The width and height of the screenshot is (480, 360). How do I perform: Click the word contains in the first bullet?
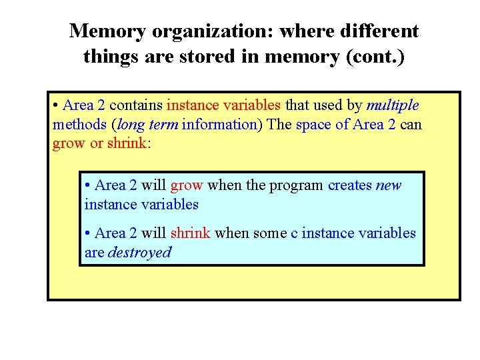[136, 105]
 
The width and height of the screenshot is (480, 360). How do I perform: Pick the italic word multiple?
[392, 105]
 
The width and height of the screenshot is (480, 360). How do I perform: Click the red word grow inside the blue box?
[186, 185]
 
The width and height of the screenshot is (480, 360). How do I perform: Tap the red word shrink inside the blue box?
[190, 233]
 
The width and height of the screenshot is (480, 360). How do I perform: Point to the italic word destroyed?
[139, 253]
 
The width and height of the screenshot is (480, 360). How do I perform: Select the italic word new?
[388, 185]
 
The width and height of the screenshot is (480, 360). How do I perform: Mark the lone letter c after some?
[294, 233]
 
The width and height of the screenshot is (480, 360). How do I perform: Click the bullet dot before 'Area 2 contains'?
[56, 105]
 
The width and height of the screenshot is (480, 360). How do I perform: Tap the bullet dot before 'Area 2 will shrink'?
[88, 233]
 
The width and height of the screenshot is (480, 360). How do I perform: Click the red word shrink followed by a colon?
[126, 144]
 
